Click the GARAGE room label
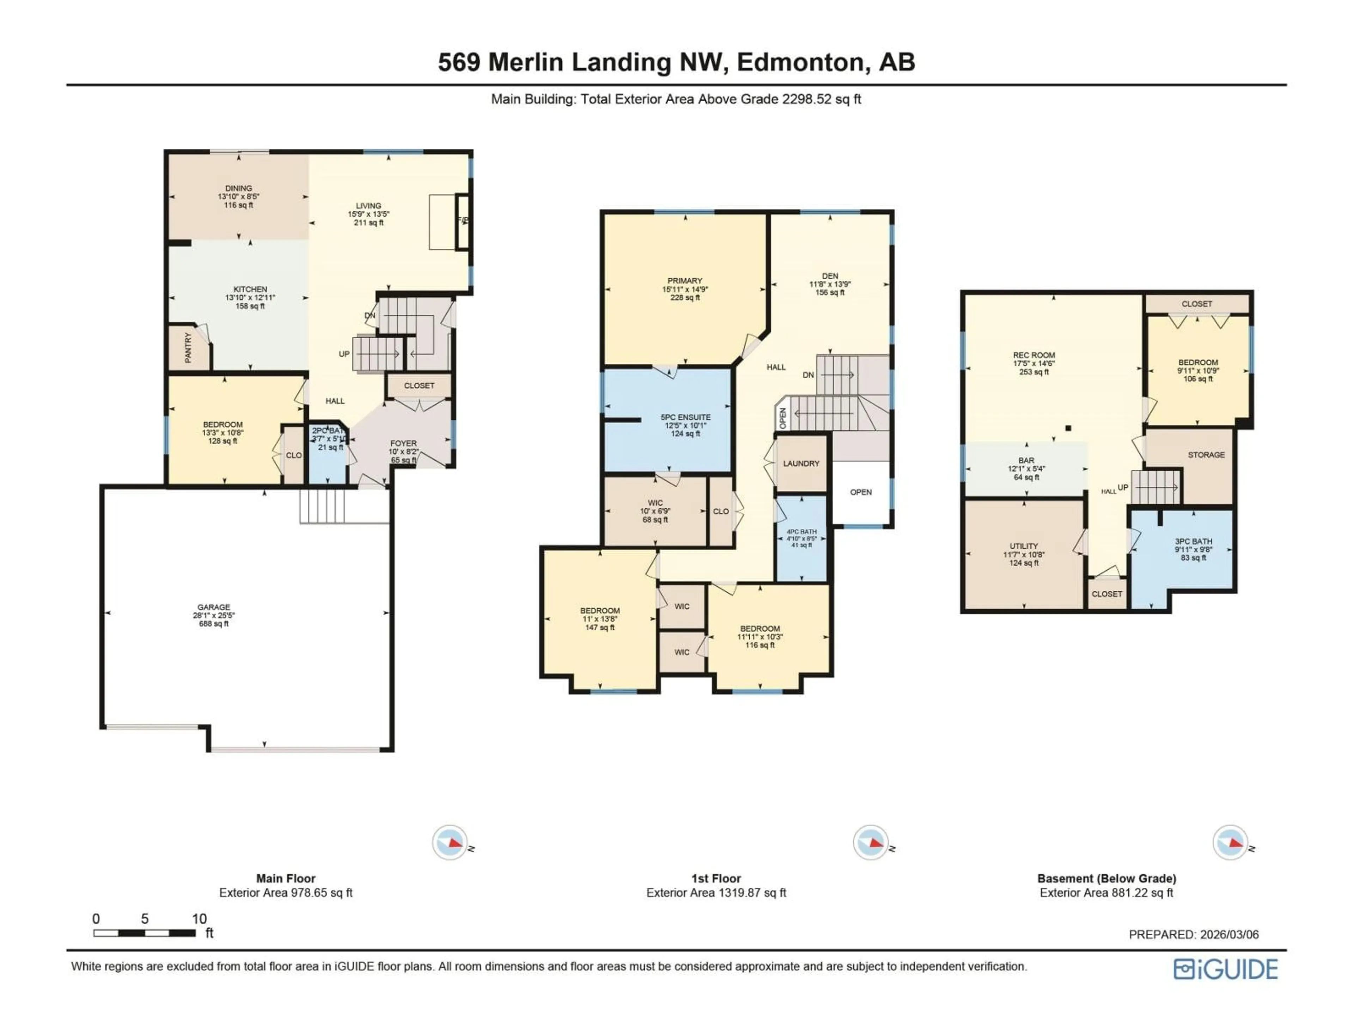pyautogui.click(x=214, y=607)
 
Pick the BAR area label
pyautogui.click(x=1026, y=460)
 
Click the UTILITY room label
pyautogui.click(x=1024, y=546)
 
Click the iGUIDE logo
pyautogui.click(x=1225, y=969)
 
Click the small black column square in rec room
pyautogui.click(x=1068, y=428)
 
